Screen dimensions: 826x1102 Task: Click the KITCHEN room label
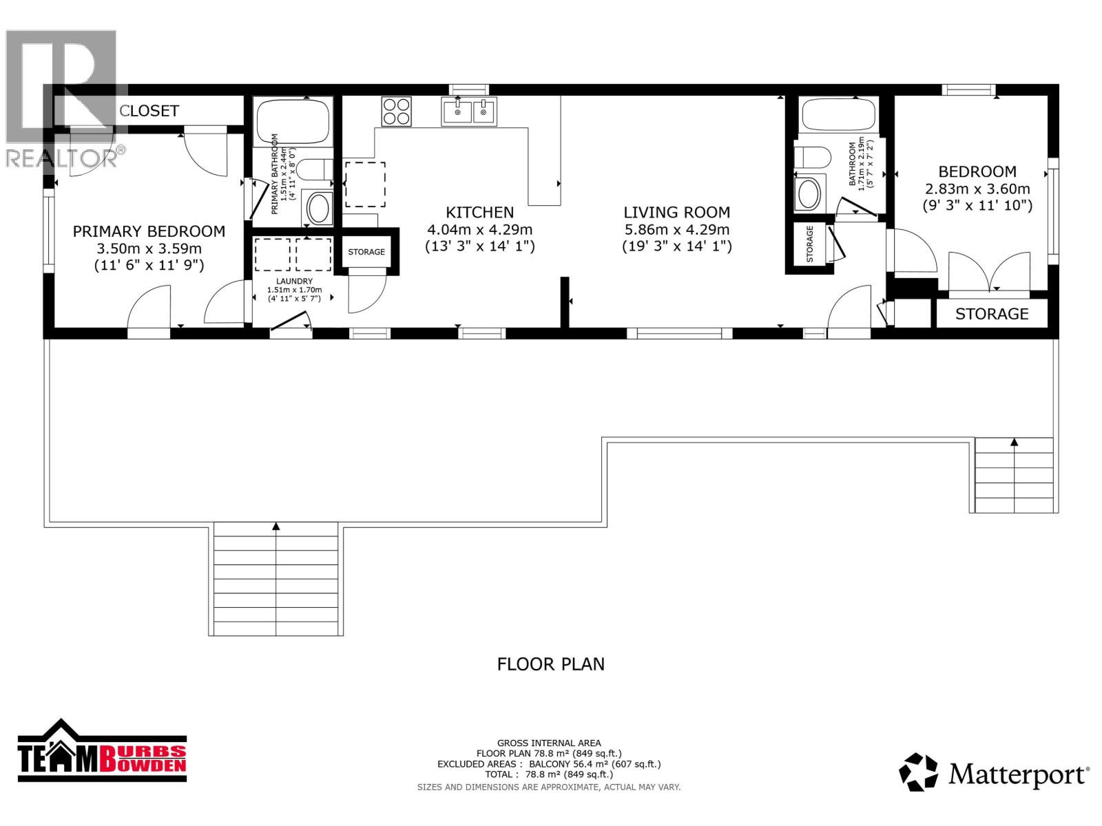tap(479, 213)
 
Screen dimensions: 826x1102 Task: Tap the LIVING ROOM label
tap(676, 213)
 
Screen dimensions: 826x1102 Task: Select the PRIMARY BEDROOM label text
tap(149, 232)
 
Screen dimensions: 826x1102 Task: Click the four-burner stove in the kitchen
tap(397, 112)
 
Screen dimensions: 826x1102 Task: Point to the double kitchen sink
tap(469, 112)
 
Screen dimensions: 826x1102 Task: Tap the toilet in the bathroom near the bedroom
tap(809, 158)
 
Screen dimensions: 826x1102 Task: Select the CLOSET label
tap(149, 111)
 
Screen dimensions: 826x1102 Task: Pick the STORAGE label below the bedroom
tap(991, 314)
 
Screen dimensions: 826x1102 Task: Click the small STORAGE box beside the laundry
tap(366, 252)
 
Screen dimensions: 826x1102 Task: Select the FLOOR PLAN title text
tap(550, 664)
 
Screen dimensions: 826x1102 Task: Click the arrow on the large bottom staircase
tap(276, 527)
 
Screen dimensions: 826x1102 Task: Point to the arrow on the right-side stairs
tap(1014, 442)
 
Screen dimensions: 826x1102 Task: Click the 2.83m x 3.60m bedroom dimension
tap(977, 189)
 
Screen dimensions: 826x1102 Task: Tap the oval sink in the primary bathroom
tap(318, 208)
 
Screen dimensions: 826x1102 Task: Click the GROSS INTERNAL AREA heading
tap(549, 743)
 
